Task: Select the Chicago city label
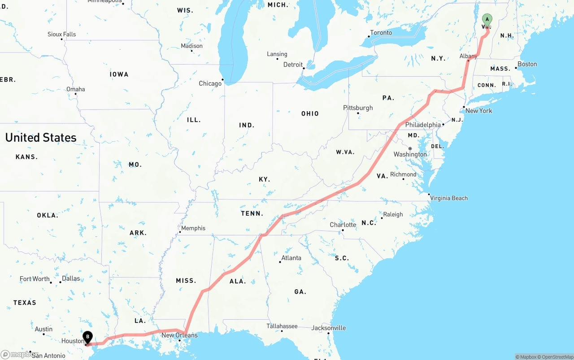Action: click(x=210, y=83)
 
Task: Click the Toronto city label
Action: click(x=381, y=33)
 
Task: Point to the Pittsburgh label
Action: click(x=358, y=108)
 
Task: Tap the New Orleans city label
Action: click(x=179, y=335)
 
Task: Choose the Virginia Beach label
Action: click(x=449, y=198)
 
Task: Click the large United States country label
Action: click(x=41, y=138)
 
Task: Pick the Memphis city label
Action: click(x=193, y=228)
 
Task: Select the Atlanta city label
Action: click(x=291, y=258)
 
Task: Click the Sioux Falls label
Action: click(x=62, y=34)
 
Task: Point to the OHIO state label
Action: click(x=310, y=114)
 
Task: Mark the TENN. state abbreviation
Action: click(x=252, y=213)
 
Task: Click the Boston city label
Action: click(x=527, y=64)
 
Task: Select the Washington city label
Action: click(x=410, y=154)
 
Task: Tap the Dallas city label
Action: click(x=71, y=278)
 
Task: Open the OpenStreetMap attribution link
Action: click(x=556, y=357)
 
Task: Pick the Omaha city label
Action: click(x=75, y=89)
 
